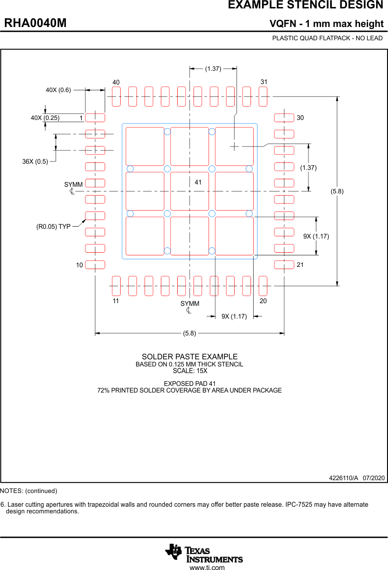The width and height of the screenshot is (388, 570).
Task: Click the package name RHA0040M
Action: tap(35, 23)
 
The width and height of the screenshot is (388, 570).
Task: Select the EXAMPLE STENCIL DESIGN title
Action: tap(305, 5)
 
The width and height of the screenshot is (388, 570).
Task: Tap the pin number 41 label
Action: tap(198, 182)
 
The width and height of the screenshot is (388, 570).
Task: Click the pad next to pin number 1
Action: tap(95, 118)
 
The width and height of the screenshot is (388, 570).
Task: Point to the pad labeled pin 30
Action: tap(284, 118)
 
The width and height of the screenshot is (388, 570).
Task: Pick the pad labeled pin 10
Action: tap(95, 265)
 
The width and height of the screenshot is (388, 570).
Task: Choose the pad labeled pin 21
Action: tap(284, 265)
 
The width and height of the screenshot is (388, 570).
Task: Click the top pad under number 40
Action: tap(116, 96)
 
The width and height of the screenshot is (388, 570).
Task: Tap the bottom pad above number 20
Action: tap(263, 286)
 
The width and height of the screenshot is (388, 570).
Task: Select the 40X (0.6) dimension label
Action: tap(58, 90)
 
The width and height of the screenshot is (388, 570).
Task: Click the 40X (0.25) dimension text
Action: tap(45, 118)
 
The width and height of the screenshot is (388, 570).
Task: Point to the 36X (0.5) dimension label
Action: tap(35, 162)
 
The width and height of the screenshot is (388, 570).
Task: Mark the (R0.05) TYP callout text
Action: tap(53, 227)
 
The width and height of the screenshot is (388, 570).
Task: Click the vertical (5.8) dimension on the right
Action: tap(337, 191)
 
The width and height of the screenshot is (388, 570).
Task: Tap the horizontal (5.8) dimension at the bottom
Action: tap(190, 333)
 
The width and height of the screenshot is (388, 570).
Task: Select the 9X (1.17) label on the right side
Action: tap(316, 236)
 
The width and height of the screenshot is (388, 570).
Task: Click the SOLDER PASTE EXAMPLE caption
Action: tap(190, 357)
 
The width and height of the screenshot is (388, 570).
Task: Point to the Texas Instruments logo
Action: tap(204, 553)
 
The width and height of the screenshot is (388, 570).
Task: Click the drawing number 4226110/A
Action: tap(343, 478)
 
